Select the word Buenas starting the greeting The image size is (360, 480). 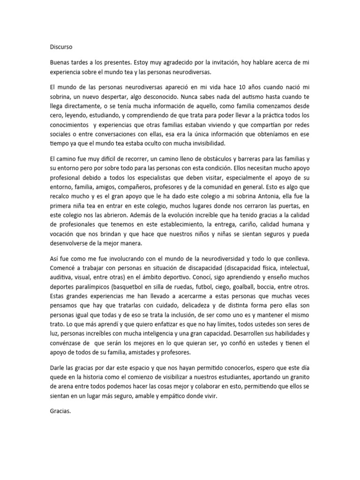tap(61, 62)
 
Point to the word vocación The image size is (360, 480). tap(62, 234)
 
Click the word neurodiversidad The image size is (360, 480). tap(220, 259)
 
